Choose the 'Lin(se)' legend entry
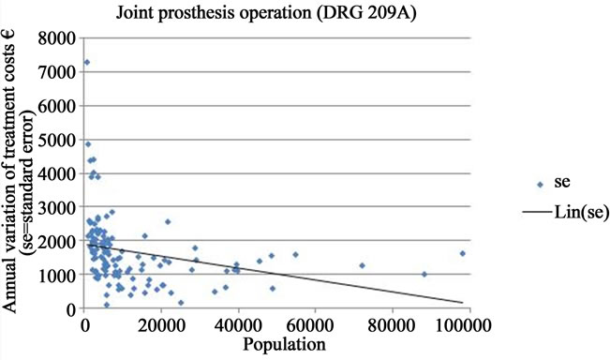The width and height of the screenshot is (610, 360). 553,214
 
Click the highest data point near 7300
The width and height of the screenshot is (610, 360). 87,63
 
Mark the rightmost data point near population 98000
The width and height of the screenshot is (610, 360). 462,253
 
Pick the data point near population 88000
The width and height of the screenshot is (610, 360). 424,275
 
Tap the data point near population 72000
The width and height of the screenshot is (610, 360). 362,265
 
